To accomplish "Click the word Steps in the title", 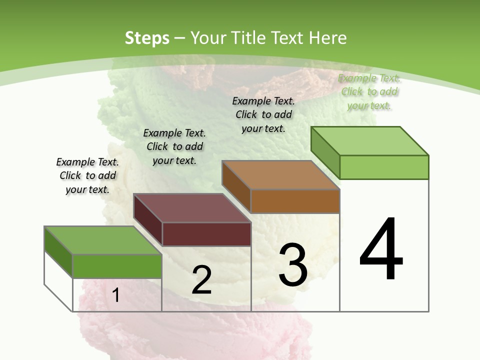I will pos(146,38).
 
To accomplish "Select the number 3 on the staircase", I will pos(292,265).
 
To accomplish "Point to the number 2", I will pos(201,280).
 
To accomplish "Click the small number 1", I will pos(116,295).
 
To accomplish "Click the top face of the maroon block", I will pos(192,208).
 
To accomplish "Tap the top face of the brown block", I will pos(281,175).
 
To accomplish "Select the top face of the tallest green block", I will pos(370,141).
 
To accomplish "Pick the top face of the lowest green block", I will pos(103,240).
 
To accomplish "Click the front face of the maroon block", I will pos(206,234).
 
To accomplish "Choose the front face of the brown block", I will pos(295,201).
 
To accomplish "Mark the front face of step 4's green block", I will pos(384,167).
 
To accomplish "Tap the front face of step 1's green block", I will pos(117,266).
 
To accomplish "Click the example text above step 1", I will pos(87,175).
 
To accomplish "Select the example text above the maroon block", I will pos(174,146).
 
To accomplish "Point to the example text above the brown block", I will pos(263,114).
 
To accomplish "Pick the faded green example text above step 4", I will pos(369,91).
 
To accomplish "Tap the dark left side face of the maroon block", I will pos(148,220).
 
